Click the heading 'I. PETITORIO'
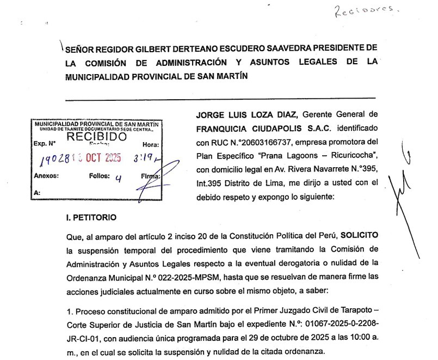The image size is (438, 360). pyautogui.click(x=90, y=217)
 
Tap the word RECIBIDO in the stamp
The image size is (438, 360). pyautogui.click(x=96, y=136)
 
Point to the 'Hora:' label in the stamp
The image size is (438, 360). pyautogui.click(x=150, y=144)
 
